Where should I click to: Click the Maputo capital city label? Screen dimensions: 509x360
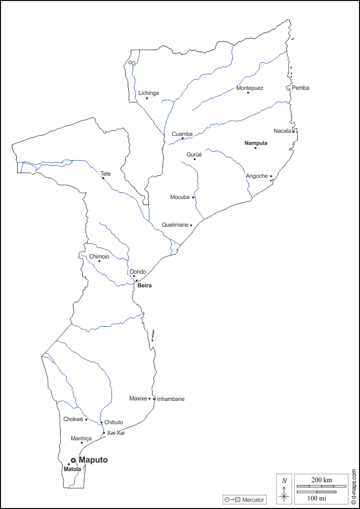93,460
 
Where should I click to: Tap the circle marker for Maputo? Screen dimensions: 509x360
73,460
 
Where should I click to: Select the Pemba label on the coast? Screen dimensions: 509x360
300,88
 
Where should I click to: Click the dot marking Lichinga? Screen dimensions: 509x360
147,98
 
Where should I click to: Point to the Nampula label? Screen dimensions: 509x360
255,143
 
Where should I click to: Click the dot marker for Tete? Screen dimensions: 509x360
103,178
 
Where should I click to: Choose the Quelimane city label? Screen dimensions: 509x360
175,225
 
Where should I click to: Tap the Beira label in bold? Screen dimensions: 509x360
144,285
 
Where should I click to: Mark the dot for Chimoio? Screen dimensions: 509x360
99,261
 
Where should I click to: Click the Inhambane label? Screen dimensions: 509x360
171,399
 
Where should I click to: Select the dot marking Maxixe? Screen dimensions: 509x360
149,398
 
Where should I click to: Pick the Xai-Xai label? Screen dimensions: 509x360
116,433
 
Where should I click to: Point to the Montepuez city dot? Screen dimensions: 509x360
248,92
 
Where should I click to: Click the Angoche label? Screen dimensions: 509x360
256,176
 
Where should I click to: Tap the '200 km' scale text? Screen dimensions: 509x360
321,479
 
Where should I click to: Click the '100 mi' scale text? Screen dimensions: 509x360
317,498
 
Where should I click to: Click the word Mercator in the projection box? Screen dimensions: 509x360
253,500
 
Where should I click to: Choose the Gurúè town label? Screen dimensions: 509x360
194,155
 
